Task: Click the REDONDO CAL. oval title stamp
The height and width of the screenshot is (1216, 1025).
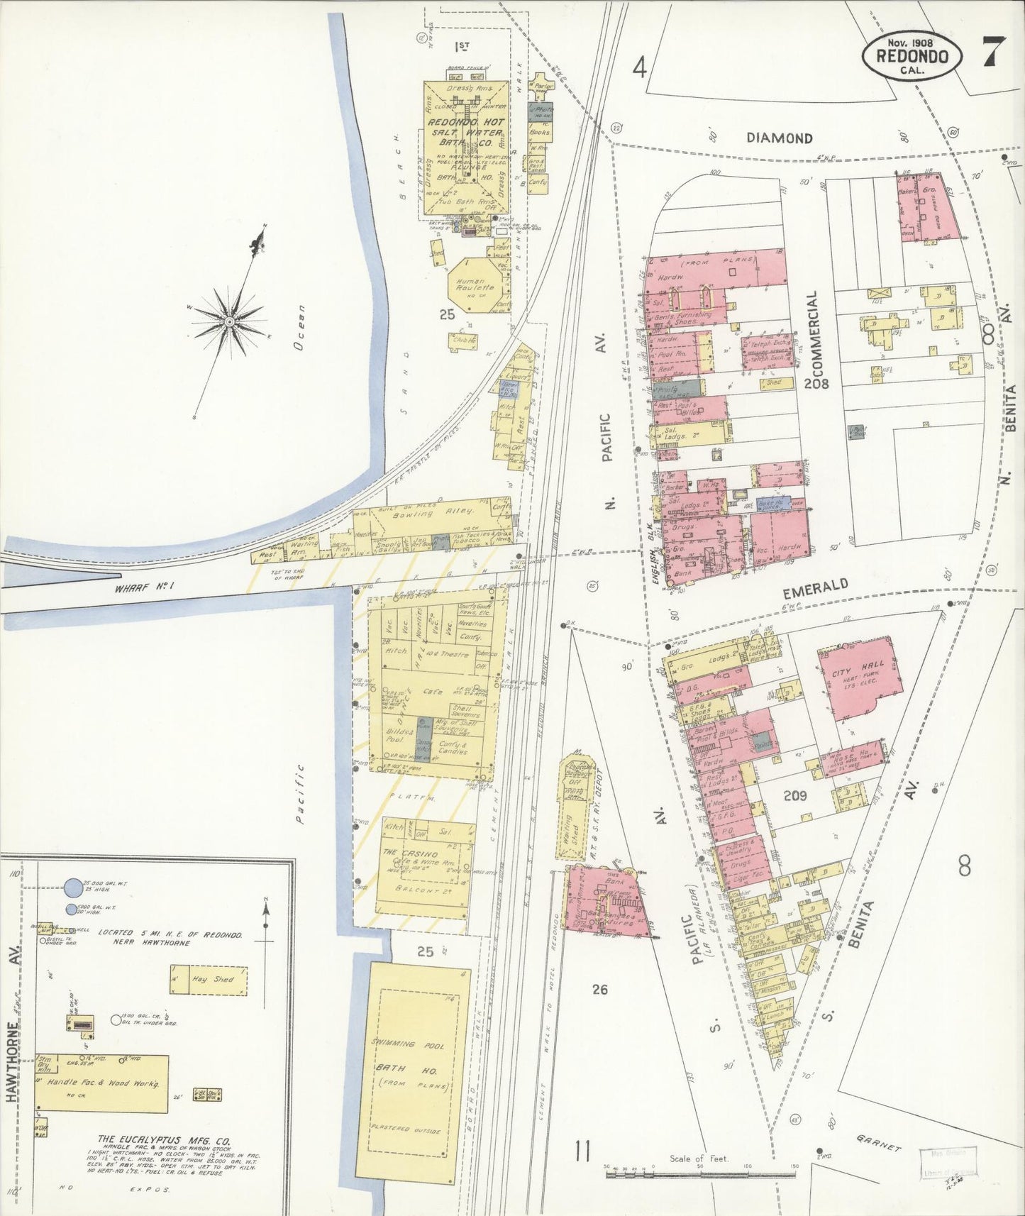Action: [x=912, y=56]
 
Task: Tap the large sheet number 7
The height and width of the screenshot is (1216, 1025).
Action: [x=993, y=52]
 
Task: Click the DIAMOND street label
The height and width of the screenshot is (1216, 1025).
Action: [x=779, y=138]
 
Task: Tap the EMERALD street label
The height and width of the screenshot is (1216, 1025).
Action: [x=816, y=585]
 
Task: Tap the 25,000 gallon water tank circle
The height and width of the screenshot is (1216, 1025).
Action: [x=73, y=887]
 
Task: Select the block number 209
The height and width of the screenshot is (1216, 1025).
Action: [x=795, y=795]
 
